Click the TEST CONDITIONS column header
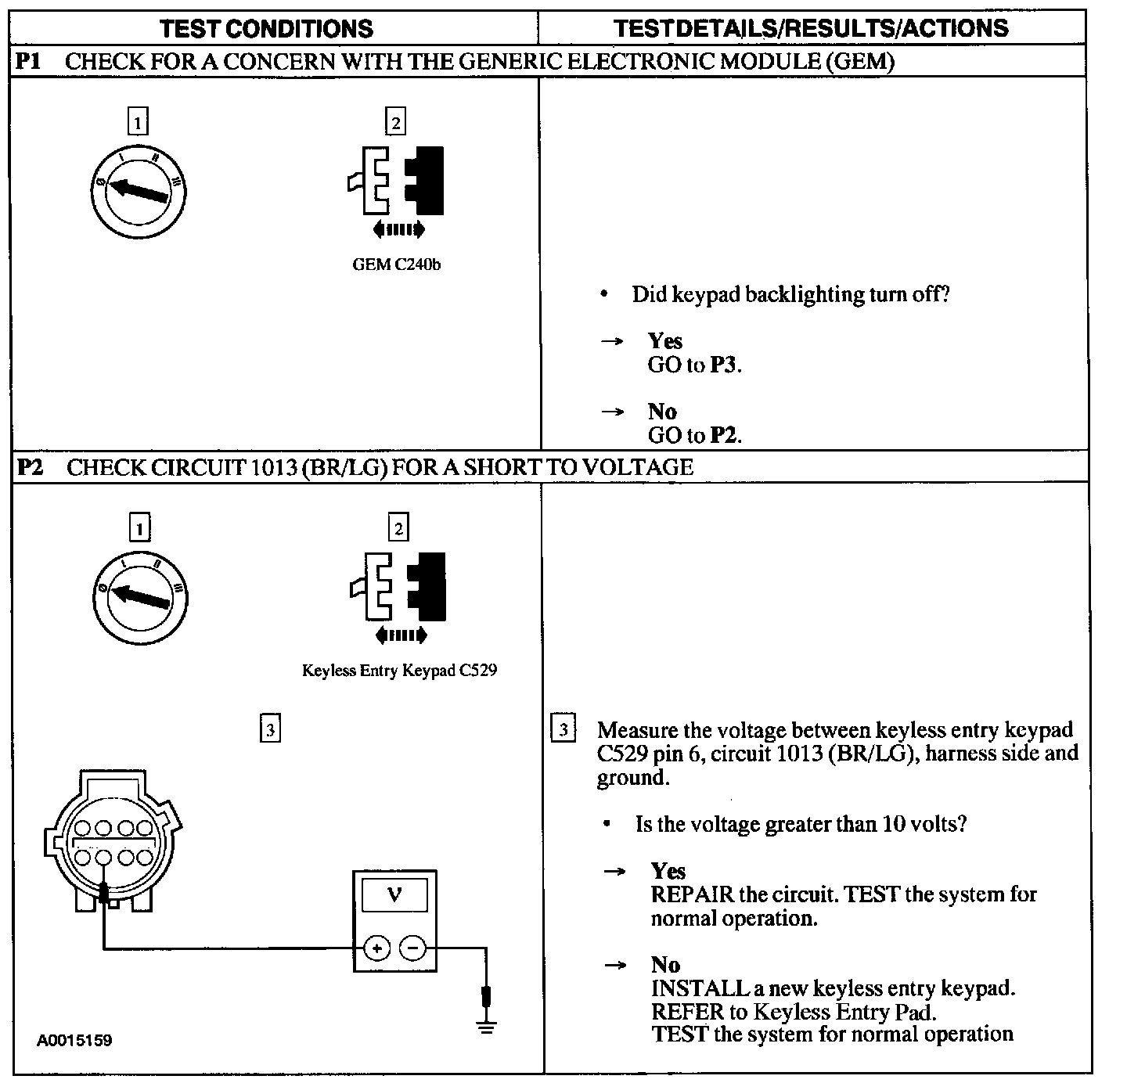(x=266, y=29)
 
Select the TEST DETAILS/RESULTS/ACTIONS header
(x=811, y=29)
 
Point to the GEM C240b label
(x=396, y=264)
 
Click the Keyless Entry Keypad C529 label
(x=399, y=671)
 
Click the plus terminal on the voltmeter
(x=377, y=948)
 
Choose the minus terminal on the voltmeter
(x=412, y=948)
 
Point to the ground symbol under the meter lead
(x=487, y=1026)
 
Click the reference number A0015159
(x=74, y=1041)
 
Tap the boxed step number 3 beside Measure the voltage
(x=563, y=730)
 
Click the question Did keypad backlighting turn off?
(x=790, y=295)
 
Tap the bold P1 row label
(x=29, y=62)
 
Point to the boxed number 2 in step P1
(x=396, y=122)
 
